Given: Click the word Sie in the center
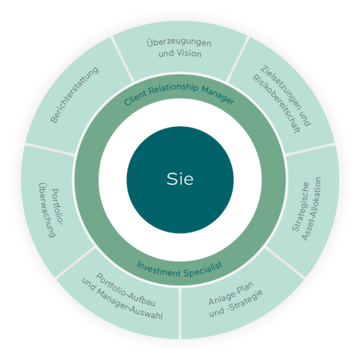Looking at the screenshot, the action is [180, 179].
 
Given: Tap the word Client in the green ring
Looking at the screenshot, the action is [135, 98].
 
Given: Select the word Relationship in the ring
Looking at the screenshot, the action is [173, 88].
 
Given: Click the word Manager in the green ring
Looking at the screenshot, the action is [218, 95].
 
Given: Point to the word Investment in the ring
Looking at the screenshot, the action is [158, 269].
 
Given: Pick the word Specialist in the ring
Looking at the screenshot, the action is [203, 269].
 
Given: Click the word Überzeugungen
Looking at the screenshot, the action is [179, 43].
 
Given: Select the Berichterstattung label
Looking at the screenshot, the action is [75, 95].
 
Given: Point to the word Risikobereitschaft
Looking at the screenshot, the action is [276, 104].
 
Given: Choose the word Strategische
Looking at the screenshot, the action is [300, 207].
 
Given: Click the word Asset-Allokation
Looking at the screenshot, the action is [312, 209].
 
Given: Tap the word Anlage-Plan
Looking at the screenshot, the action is [231, 293].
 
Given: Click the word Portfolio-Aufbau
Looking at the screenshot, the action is [126, 290].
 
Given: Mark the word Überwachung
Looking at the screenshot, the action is [47, 210].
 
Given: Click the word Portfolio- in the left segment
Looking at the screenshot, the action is [57, 207].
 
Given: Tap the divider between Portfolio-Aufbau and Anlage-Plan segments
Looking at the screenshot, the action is [180, 313].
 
